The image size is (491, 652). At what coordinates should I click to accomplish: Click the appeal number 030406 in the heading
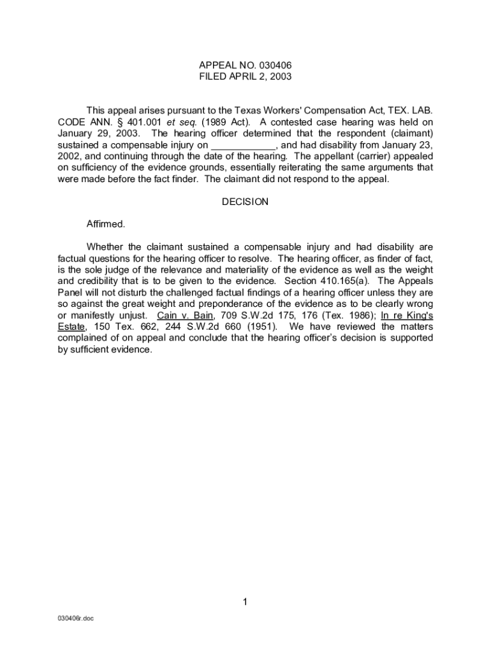(276, 65)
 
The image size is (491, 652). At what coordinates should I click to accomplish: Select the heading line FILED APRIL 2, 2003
(245, 76)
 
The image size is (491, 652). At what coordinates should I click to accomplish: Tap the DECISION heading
(245, 202)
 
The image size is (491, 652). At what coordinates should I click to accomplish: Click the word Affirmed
(106, 224)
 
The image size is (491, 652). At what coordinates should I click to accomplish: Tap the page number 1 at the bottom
(245, 602)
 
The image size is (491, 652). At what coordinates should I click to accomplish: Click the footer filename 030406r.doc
(75, 618)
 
